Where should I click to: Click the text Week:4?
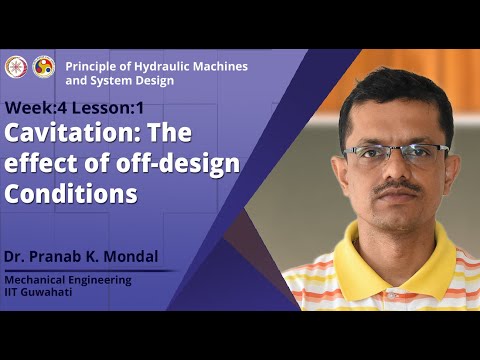click(x=34, y=108)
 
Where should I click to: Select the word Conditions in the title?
click(x=70, y=194)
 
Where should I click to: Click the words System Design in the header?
click(x=135, y=80)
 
